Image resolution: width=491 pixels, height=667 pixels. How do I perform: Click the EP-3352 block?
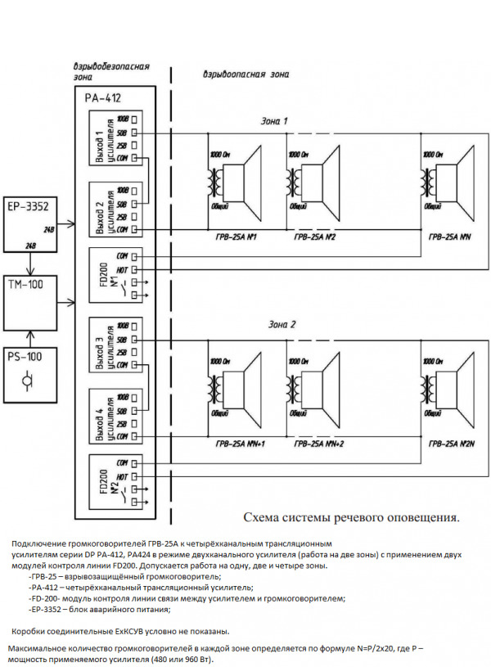point(30,222)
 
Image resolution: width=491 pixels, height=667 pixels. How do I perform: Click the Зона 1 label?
point(273,121)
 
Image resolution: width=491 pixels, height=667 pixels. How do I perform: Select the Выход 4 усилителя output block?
point(114,417)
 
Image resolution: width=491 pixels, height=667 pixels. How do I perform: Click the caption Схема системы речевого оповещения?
point(352,517)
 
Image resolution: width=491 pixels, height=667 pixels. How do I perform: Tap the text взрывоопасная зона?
point(245,74)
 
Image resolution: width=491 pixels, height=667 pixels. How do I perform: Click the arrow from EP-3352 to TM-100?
point(30,264)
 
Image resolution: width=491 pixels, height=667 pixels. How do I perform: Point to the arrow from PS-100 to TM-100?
point(30,337)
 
